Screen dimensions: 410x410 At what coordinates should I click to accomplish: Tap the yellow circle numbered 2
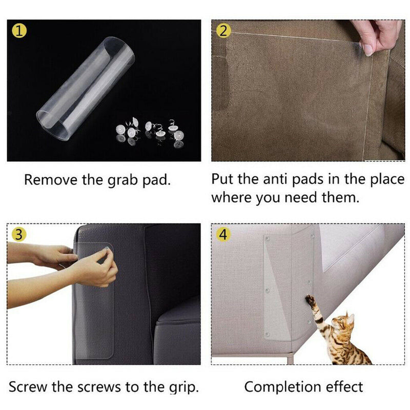click(223, 31)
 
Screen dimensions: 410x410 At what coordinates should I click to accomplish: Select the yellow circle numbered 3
click(19, 235)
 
